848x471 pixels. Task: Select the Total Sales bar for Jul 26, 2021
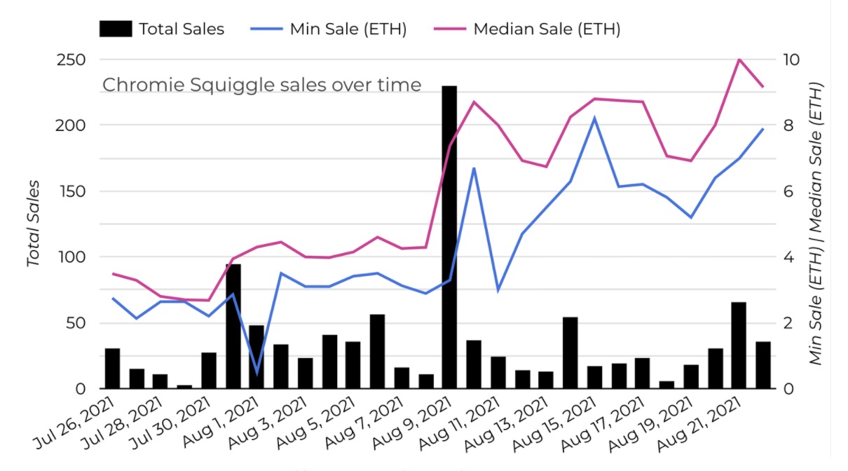pyautogui.click(x=112, y=369)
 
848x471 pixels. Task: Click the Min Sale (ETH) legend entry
pyautogui.click(x=329, y=29)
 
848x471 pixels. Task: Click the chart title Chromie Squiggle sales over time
pyautogui.click(x=262, y=85)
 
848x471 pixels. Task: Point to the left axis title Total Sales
pyautogui.click(x=33, y=224)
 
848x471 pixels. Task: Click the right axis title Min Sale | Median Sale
pyautogui.click(x=816, y=224)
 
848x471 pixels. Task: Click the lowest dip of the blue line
pyautogui.click(x=257, y=374)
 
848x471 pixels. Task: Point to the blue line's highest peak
pyautogui.click(x=594, y=118)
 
